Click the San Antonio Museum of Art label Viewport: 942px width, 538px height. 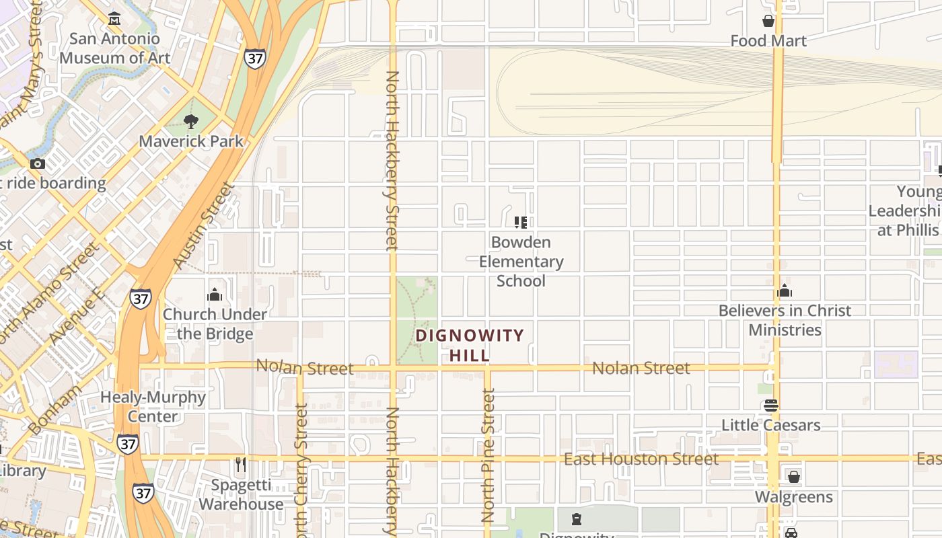point(110,48)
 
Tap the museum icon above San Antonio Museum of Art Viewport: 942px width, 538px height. point(114,18)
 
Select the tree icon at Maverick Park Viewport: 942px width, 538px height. point(191,122)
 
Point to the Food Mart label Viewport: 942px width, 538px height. point(768,41)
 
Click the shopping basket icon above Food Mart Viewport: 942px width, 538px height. point(768,22)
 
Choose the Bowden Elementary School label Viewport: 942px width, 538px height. point(521,261)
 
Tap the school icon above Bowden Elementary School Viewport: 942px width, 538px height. point(521,222)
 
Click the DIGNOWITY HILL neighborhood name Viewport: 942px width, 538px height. point(470,345)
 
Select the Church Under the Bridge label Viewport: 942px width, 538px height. point(215,323)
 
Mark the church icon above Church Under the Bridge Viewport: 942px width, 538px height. point(215,295)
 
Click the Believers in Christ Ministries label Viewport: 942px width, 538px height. point(785,320)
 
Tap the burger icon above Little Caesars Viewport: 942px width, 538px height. point(771,406)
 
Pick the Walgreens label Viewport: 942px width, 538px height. point(794,497)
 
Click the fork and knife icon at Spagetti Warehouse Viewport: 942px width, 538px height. point(240,465)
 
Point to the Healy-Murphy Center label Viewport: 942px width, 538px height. point(153,406)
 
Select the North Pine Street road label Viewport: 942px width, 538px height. point(488,456)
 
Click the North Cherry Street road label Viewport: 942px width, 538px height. point(301,471)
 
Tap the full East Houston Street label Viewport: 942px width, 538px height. point(641,459)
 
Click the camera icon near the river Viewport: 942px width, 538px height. point(38,163)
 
